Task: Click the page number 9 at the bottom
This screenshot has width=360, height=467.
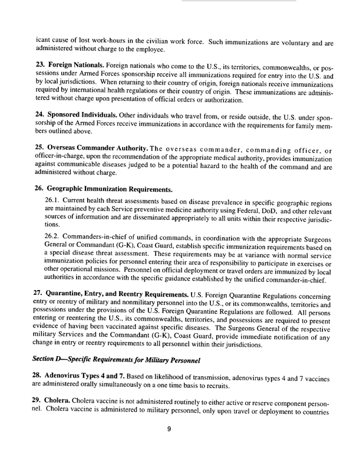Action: click(x=169, y=445)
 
